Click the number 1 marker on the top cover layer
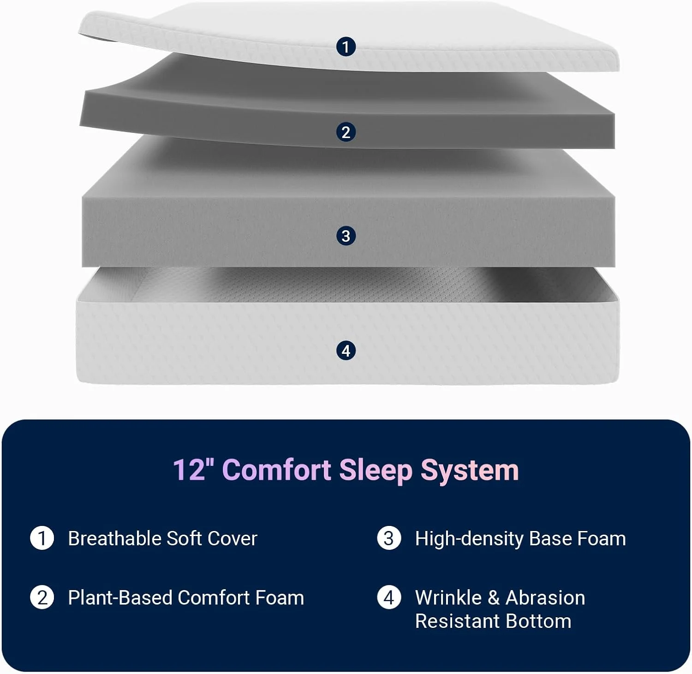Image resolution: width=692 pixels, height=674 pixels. [346, 47]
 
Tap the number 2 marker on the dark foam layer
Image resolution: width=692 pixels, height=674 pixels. [346, 132]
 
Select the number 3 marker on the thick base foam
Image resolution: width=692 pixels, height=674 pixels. [346, 236]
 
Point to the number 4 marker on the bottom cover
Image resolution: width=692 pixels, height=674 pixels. [346, 351]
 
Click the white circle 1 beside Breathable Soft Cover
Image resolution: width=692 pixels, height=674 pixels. [42, 538]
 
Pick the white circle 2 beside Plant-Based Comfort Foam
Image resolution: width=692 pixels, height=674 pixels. [42, 597]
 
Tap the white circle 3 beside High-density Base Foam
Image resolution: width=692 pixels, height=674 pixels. [389, 538]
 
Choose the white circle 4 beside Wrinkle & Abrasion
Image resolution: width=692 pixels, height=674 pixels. [389, 597]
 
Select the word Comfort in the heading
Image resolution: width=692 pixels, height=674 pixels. [277, 470]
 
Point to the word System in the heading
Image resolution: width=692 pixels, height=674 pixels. [469, 471]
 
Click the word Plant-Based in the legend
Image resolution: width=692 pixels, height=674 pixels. [120, 597]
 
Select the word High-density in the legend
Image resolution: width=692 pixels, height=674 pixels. [469, 539]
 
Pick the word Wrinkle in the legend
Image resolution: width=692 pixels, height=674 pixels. [448, 597]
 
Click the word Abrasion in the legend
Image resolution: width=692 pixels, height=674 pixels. [545, 597]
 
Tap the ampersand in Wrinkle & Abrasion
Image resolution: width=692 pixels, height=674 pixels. [494, 598]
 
